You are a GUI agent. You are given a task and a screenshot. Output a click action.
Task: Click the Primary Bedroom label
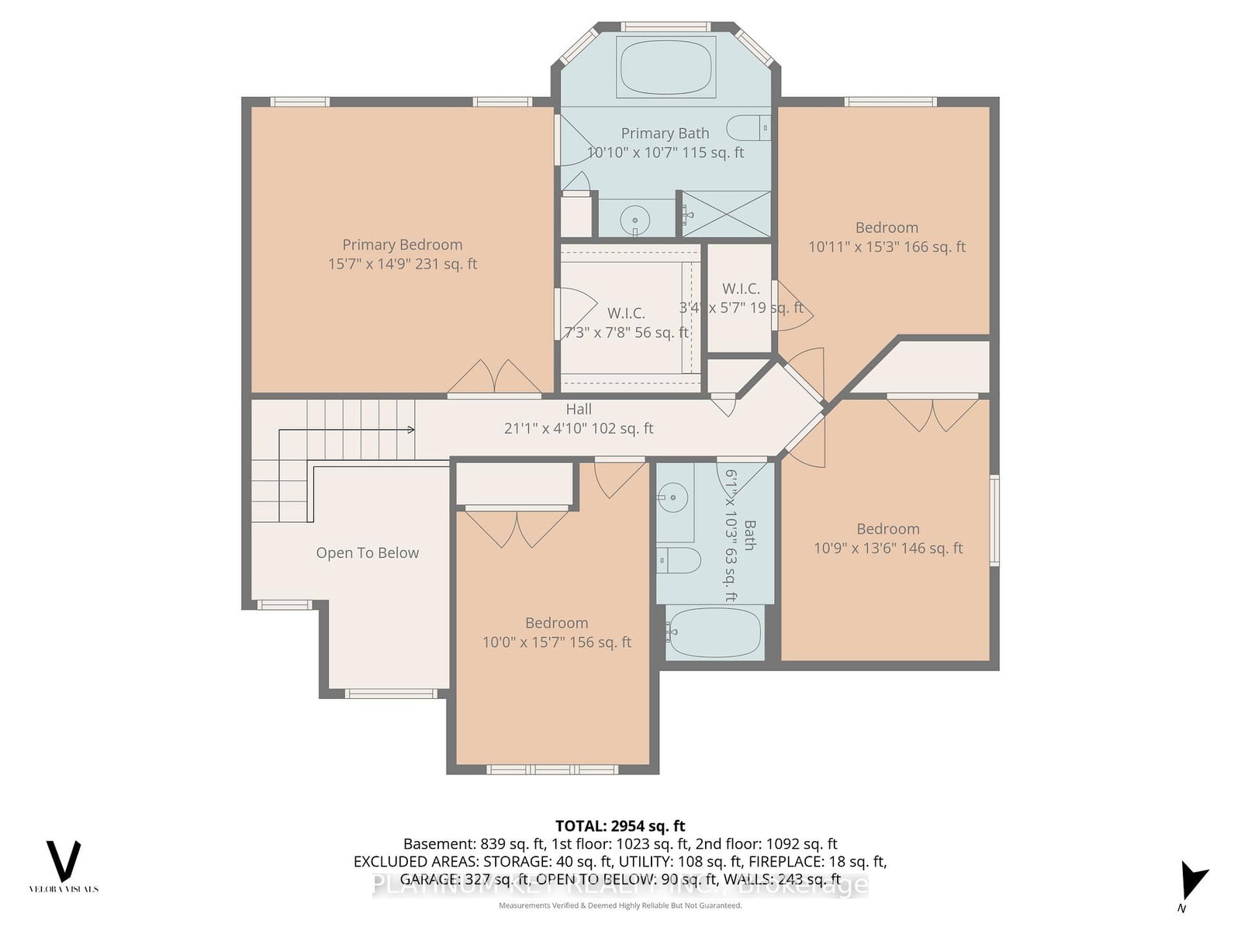coord(403,245)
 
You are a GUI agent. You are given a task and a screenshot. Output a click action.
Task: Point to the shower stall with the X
coord(726,214)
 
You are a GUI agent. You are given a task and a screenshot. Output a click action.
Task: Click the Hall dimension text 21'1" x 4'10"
coord(579,428)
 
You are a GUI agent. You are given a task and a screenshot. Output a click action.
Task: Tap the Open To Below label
coord(367,553)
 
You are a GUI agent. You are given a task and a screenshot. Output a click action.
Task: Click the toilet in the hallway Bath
coord(676,559)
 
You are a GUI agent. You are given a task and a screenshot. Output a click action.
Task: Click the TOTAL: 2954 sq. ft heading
coord(620,826)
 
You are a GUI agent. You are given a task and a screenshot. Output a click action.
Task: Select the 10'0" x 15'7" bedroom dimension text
coord(556,642)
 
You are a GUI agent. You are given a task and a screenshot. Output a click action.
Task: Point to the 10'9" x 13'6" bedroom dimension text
coord(888,549)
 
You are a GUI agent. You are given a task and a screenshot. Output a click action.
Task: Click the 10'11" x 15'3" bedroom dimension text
coord(887,247)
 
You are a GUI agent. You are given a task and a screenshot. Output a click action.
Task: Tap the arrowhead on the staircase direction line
coord(411,430)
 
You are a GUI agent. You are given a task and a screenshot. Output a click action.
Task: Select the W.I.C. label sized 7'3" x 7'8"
coord(626,313)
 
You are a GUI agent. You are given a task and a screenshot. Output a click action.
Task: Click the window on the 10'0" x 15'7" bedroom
coord(551,770)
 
